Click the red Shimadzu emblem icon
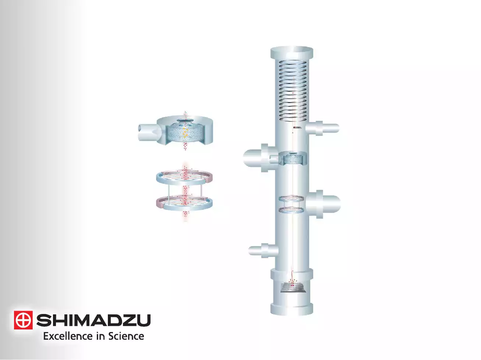tap(23, 320)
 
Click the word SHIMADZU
tap(93, 320)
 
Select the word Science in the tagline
tap(126, 336)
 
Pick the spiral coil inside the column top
tap(293, 91)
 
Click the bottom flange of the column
tap(292, 308)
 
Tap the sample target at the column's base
tap(293, 287)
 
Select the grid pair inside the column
tap(291, 204)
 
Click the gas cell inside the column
tap(293, 159)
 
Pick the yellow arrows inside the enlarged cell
tap(186, 133)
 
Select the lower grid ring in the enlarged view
tap(184, 203)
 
